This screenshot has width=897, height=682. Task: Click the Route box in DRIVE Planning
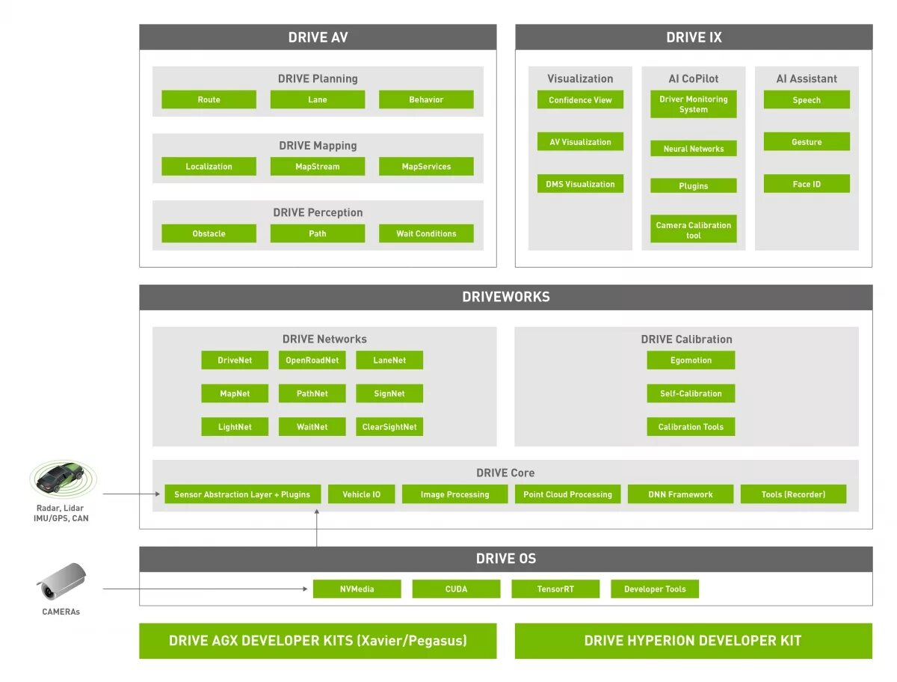click(x=209, y=99)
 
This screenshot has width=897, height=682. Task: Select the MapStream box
click(x=317, y=167)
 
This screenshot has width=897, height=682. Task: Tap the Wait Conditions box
click(x=426, y=233)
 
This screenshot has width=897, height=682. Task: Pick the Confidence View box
click(x=580, y=100)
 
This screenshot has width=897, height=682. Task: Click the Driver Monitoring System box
click(x=693, y=104)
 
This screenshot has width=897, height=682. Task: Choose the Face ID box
click(x=807, y=184)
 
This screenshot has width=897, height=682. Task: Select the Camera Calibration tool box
click(x=693, y=230)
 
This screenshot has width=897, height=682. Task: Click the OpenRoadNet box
click(x=312, y=360)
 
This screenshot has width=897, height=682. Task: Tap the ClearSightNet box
click(x=389, y=427)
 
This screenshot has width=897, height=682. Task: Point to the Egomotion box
click(x=691, y=360)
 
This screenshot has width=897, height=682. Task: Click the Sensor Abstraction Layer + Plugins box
click(x=242, y=494)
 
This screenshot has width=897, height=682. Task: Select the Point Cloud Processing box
click(x=567, y=494)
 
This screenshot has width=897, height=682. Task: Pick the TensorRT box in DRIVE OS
click(x=555, y=589)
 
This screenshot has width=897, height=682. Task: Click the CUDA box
click(x=456, y=589)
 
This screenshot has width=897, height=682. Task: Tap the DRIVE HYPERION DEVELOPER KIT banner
click(x=693, y=641)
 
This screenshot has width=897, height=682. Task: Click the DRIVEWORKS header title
click(x=505, y=297)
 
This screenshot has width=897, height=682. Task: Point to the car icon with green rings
click(x=63, y=479)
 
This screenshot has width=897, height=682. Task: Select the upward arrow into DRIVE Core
click(x=317, y=528)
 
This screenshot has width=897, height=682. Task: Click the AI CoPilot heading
click(x=693, y=79)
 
